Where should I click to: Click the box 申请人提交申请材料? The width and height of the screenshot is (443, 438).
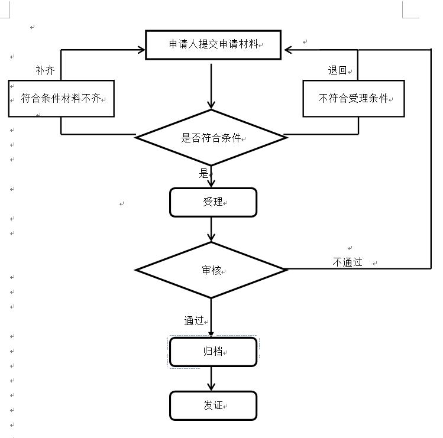click(212, 45)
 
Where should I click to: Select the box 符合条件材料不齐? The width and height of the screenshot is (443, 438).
click(61, 99)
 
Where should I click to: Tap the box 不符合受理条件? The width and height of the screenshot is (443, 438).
click(353, 99)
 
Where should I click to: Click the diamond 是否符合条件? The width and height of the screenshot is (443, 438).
click(211, 138)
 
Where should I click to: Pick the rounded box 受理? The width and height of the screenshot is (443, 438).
click(213, 203)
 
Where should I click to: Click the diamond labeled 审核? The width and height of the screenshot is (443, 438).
click(211, 270)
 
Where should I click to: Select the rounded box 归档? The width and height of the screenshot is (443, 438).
click(213, 352)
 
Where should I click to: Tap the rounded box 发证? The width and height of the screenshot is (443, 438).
click(213, 405)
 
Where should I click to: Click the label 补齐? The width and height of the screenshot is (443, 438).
click(45, 71)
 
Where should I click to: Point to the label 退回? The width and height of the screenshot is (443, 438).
click(337, 70)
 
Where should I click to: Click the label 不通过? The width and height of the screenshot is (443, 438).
click(347, 262)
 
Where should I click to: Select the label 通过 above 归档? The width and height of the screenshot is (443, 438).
click(193, 321)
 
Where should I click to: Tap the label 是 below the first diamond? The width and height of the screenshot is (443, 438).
click(203, 173)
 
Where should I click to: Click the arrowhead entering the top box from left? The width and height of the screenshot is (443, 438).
click(141, 50)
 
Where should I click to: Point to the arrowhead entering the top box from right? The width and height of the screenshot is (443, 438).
click(288, 50)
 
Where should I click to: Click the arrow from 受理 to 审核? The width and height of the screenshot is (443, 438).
click(211, 229)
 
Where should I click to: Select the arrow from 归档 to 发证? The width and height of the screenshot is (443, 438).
click(211, 379)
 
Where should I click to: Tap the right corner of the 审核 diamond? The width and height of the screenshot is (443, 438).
click(286, 270)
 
